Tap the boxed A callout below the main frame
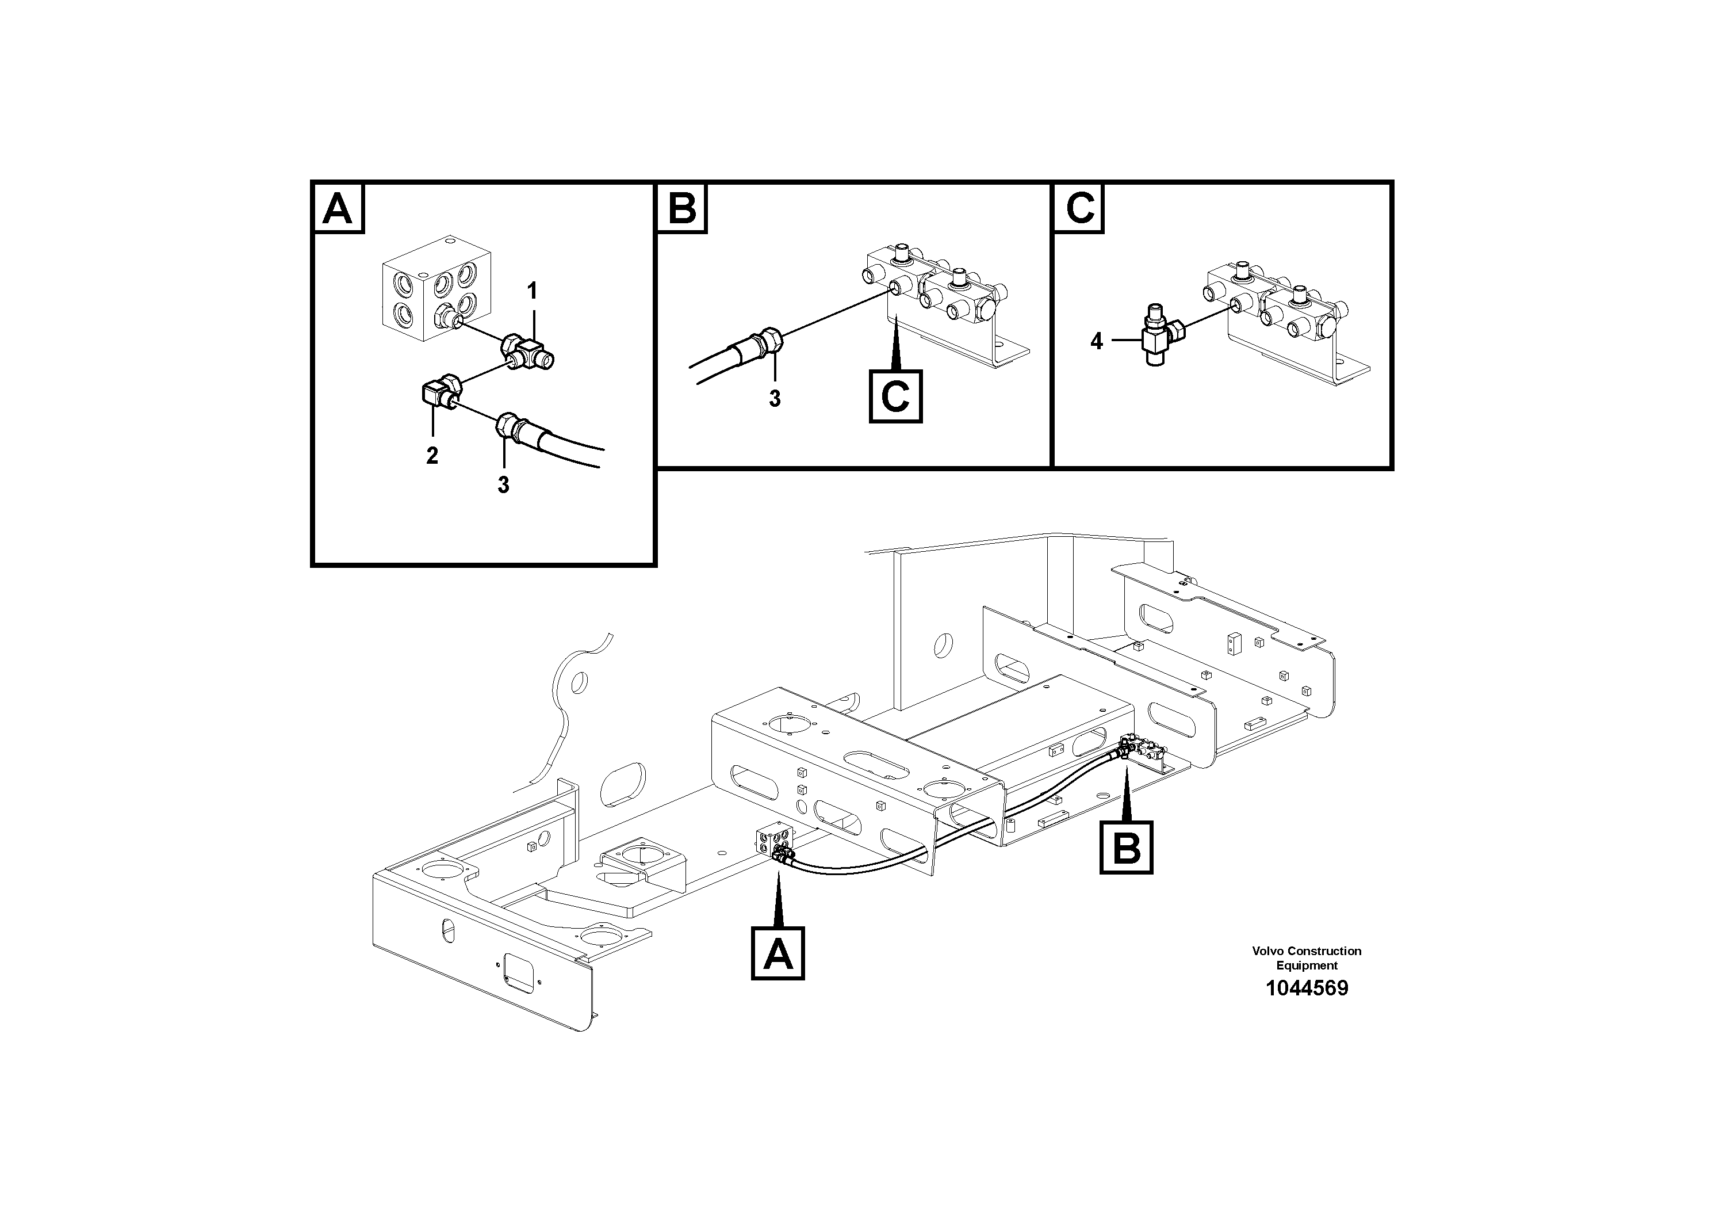pos(778,953)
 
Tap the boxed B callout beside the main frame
pos(1126,848)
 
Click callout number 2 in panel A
pos(432,455)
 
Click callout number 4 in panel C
pos(1096,342)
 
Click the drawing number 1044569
pos(1307,988)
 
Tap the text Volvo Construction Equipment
pos(1307,958)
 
